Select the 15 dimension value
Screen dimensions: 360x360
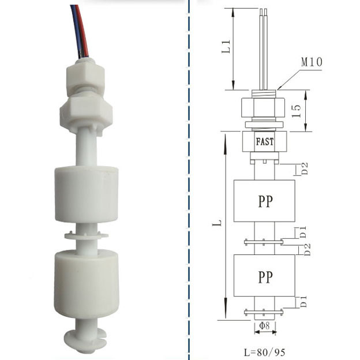(296, 111)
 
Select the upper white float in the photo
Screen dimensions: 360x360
(86, 194)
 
